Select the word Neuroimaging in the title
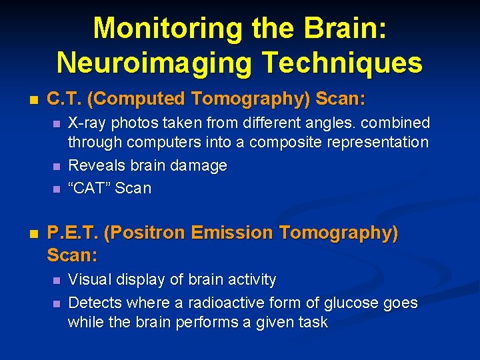click(154, 63)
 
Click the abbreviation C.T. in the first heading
click(65, 99)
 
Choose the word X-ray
click(87, 123)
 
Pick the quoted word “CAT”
click(90, 189)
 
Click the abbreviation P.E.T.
click(73, 233)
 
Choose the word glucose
click(353, 303)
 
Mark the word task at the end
click(313, 323)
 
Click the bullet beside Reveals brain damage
click(56, 166)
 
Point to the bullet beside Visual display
click(56, 280)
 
